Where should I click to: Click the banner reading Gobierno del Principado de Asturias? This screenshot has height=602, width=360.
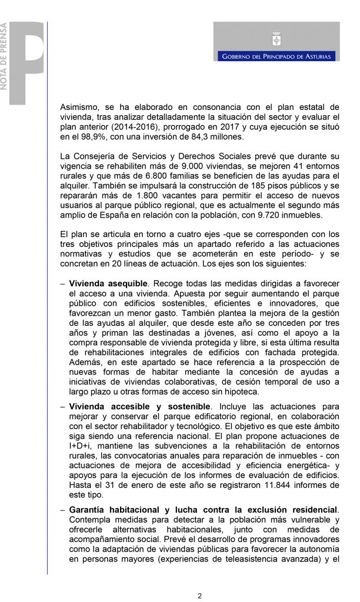[x=276, y=56]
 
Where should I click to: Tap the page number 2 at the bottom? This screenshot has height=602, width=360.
[x=199, y=594]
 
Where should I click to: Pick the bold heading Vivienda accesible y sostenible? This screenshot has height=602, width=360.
[x=139, y=406]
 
